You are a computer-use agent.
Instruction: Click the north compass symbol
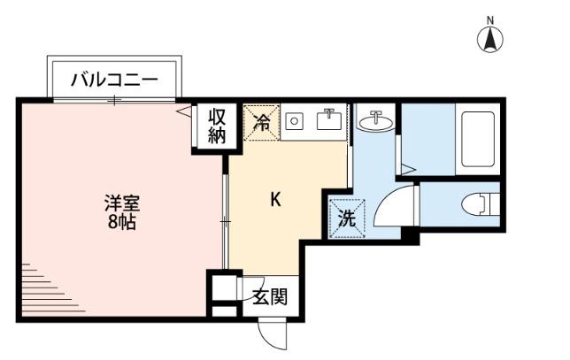[490, 39]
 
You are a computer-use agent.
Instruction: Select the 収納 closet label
[217, 126]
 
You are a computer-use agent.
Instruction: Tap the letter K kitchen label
[275, 199]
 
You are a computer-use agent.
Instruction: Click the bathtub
[478, 142]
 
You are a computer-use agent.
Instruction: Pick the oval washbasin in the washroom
[378, 122]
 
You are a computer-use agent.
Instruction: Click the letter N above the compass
[490, 19]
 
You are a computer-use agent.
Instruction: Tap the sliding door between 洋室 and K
[226, 219]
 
